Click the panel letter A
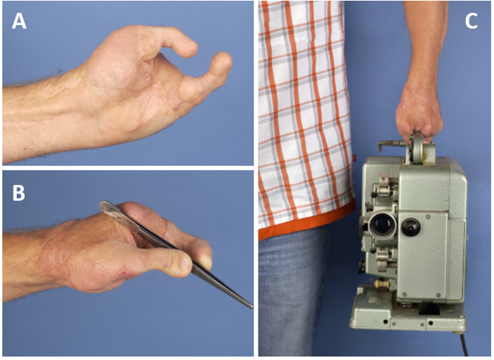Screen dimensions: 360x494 coord(19,21)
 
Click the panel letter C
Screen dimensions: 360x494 coord(471,21)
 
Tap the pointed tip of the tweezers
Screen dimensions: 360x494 coord(251,307)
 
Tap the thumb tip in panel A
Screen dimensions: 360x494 coord(223,63)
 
